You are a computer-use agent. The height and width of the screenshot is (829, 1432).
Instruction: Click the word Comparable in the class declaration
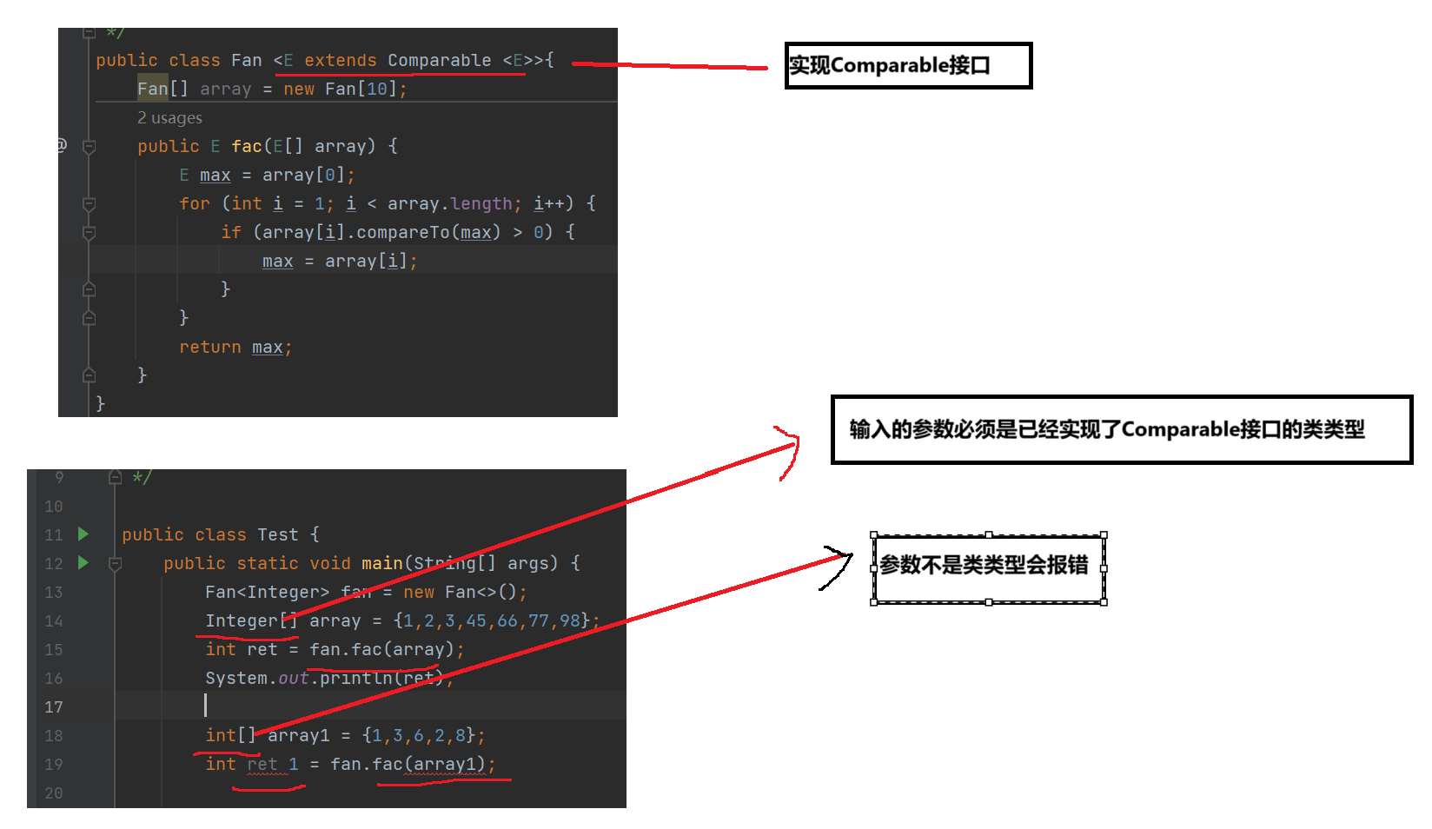pos(439,60)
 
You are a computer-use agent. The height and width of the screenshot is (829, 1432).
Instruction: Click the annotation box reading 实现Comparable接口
pos(907,65)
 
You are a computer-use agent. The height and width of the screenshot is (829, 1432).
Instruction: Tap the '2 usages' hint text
pos(169,117)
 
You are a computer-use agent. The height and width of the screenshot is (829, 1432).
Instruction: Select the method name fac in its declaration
pos(246,146)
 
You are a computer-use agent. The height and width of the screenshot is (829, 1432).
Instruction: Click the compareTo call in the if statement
pos(402,232)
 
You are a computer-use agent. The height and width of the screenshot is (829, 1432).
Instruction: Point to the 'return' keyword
pos(209,347)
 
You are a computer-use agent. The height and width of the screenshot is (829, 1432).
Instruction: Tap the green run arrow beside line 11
pos(83,534)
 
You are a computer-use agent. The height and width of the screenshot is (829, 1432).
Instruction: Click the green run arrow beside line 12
pos(83,562)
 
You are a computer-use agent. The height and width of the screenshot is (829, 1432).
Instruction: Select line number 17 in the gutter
pos(54,707)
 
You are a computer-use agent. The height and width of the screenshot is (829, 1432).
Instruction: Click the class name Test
pos(277,534)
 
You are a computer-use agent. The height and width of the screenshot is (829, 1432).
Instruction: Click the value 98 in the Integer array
pos(570,620)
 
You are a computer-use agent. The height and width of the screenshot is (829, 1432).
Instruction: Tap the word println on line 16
pos(356,678)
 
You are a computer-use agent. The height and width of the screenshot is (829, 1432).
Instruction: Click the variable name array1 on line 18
pos(299,735)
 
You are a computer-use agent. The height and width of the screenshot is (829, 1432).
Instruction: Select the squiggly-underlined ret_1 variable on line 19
pos(273,764)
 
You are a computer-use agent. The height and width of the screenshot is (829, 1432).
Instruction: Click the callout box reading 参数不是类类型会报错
pos(988,567)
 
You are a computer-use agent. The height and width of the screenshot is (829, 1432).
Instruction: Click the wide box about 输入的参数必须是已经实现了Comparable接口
pos(1121,429)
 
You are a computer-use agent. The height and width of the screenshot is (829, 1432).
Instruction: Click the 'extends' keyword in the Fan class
pos(341,60)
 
